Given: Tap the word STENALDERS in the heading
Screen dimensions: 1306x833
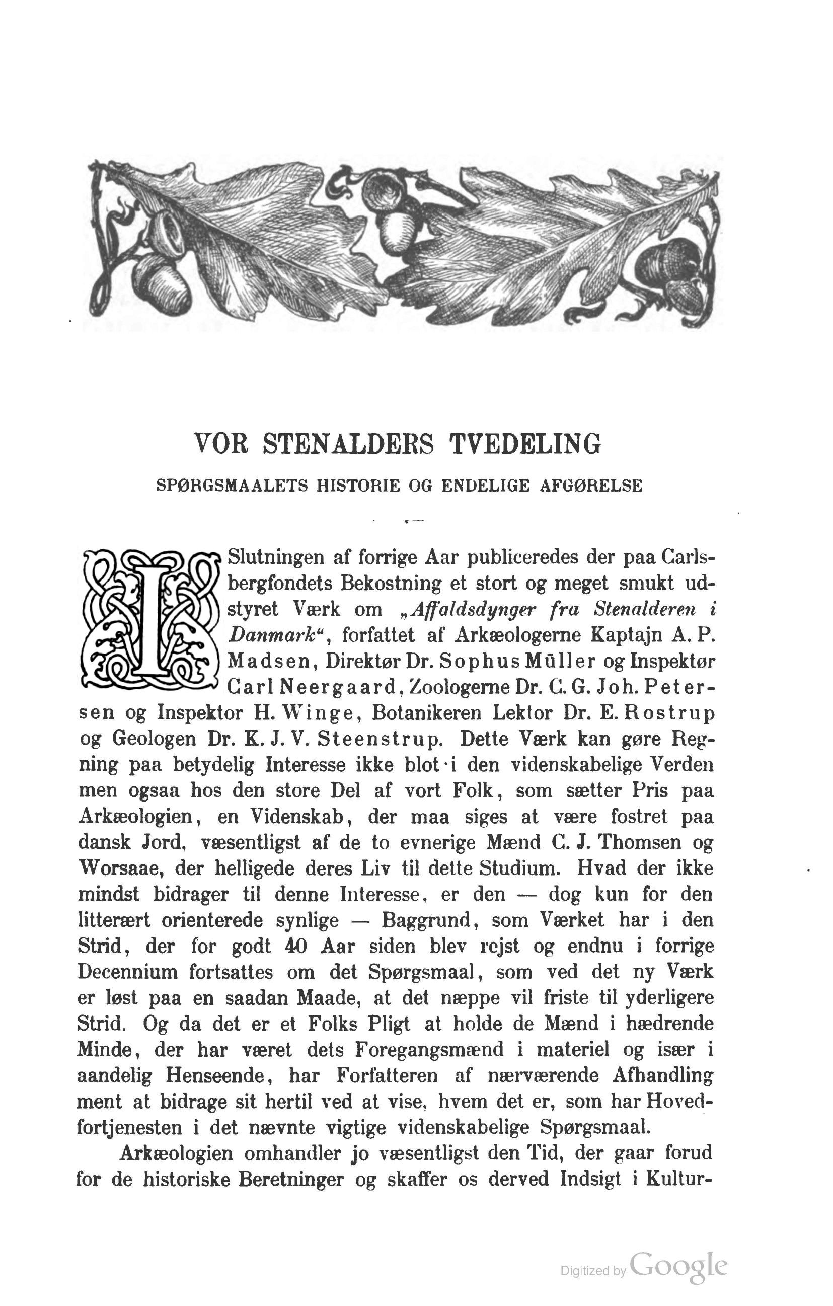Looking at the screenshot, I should point(349,444).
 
